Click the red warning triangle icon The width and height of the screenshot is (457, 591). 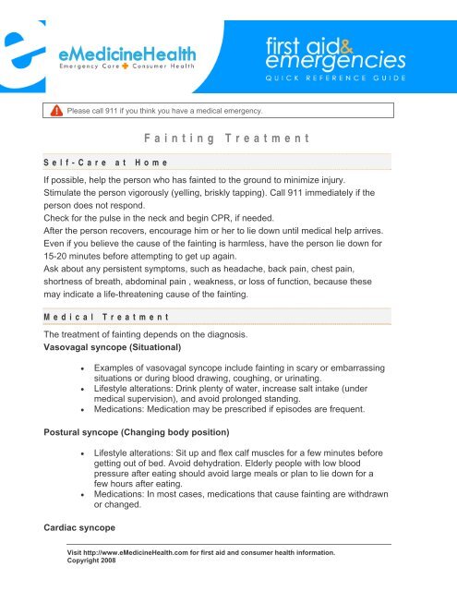click(x=57, y=112)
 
